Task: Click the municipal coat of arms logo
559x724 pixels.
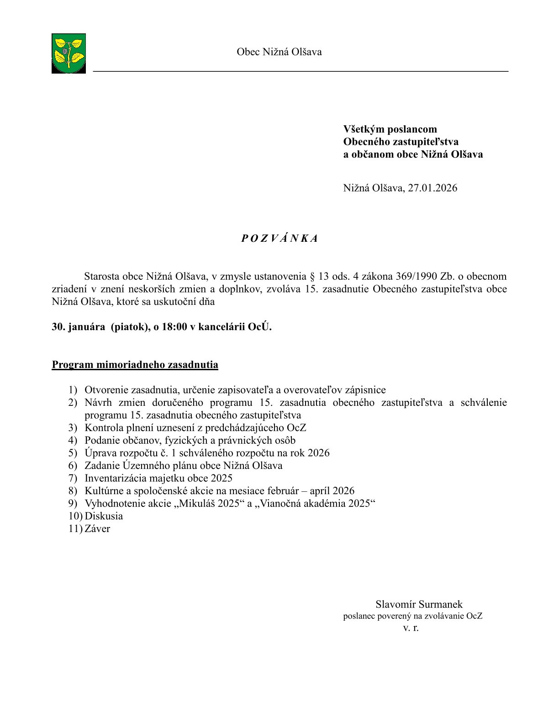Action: (x=69, y=53)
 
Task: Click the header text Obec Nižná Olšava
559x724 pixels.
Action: (x=279, y=52)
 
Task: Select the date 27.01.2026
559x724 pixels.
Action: (x=432, y=188)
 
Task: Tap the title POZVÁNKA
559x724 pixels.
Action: (x=279, y=239)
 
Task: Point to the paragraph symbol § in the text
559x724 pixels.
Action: (x=312, y=277)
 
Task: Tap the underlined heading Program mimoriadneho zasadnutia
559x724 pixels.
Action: (x=135, y=365)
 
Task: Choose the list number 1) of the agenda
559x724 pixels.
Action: (x=73, y=390)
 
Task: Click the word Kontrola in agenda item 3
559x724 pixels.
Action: (x=104, y=428)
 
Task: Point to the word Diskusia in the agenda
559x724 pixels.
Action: (x=104, y=516)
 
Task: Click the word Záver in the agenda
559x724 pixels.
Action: (x=97, y=529)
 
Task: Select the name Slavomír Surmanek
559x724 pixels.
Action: (x=419, y=605)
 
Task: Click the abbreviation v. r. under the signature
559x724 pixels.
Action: (x=411, y=628)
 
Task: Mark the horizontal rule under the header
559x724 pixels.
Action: (x=301, y=72)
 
